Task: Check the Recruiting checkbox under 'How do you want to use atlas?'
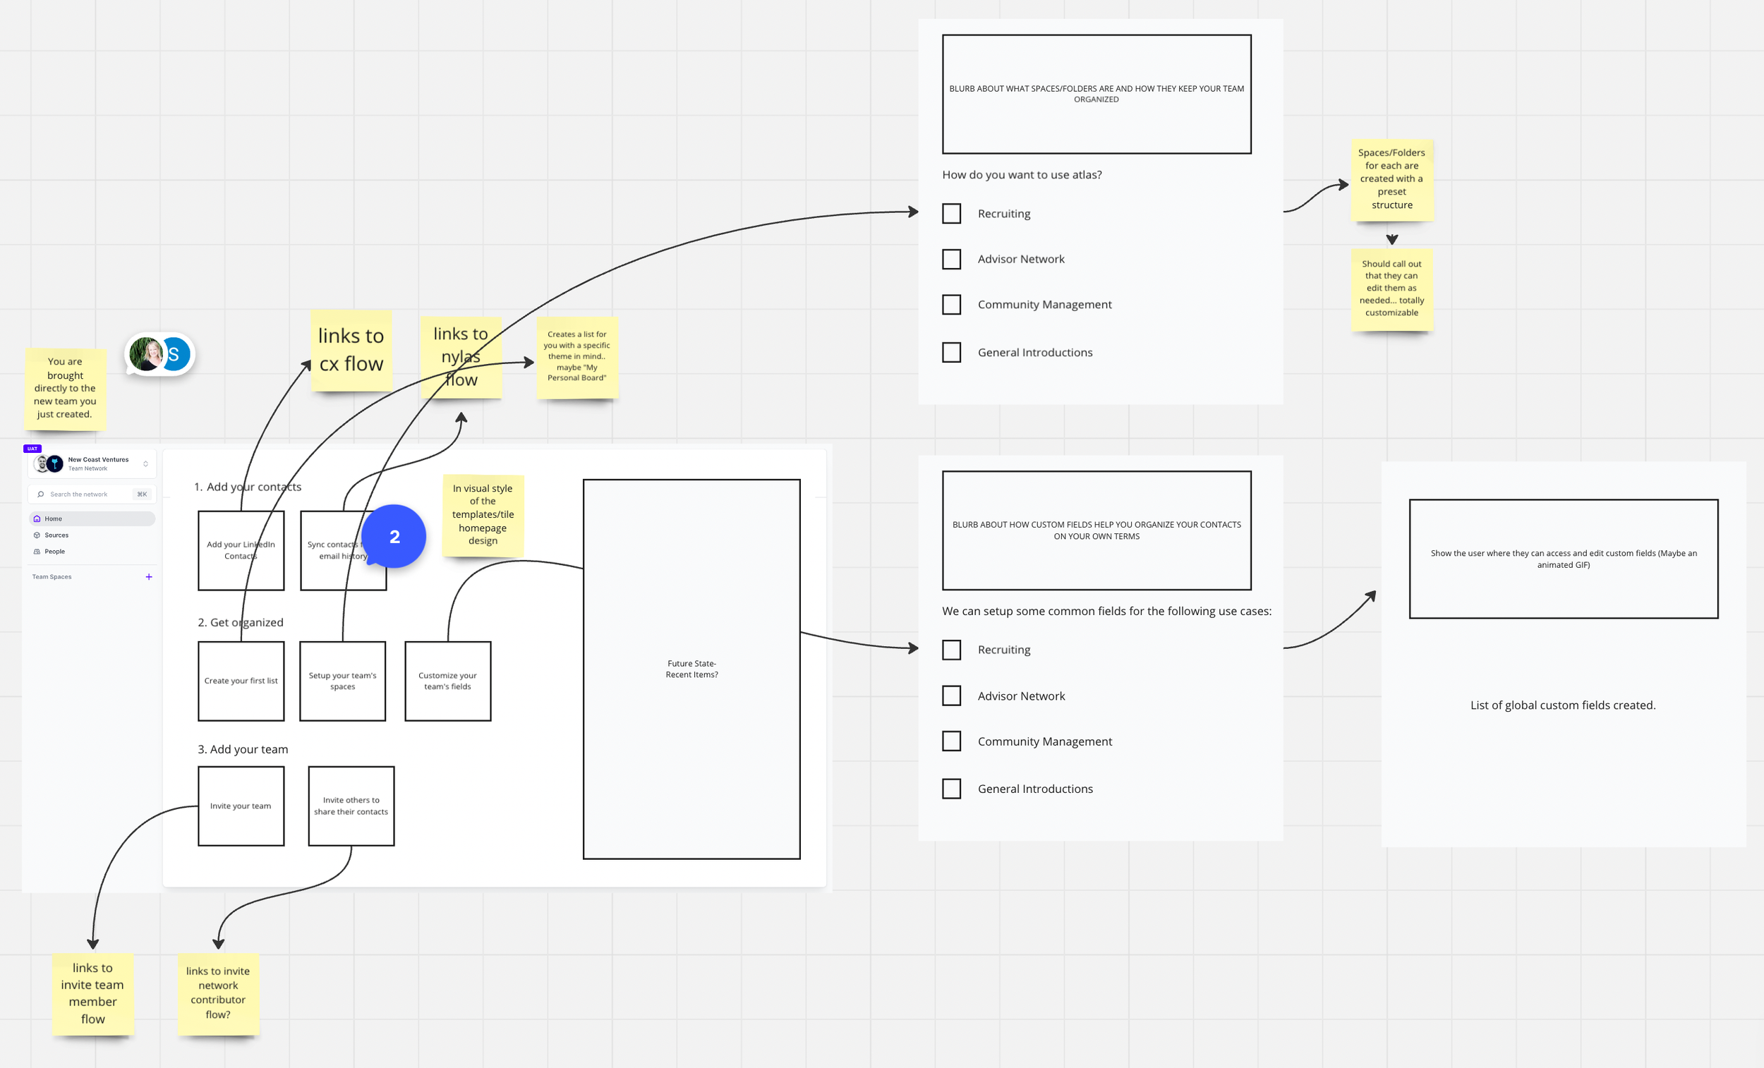[951, 213]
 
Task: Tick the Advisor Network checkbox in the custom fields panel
[951, 696]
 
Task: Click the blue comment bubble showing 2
[394, 537]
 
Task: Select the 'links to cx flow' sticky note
[351, 350]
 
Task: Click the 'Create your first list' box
[241, 681]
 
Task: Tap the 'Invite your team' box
[241, 806]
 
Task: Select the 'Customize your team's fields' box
[447, 681]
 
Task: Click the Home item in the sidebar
[54, 519]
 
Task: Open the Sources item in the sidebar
[56, 535]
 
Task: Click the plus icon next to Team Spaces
[149, 577]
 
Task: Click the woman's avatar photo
[147, 354]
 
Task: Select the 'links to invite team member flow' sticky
[93, 993]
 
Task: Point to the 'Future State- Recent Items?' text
[691, 669]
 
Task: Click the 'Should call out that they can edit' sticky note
[1391, 289]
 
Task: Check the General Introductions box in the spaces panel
[951, 352]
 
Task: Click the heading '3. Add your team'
[243, 749]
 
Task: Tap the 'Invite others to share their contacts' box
[351, 806]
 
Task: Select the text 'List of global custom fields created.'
[1563, 705]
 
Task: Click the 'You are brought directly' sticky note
[65, 388]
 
